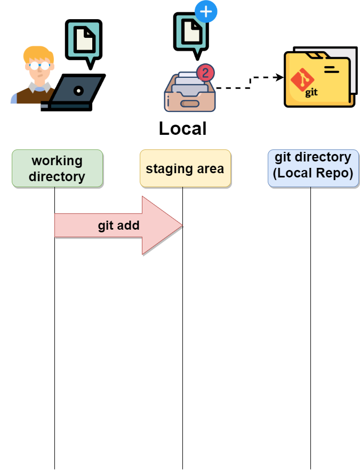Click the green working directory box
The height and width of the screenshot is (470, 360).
[x=57, y=168]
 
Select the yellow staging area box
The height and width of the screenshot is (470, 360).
[x=185, y=168]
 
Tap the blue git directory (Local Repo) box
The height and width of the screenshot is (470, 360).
[x=313, y=168]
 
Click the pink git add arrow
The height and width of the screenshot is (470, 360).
[x=118, y=225]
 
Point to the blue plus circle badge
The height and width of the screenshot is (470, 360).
[x=206, y=11]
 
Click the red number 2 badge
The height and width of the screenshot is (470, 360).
[x=205, y=73]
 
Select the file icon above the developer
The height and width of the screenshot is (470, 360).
[x=84, y=40]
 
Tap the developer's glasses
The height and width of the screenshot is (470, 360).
[x=39, y=66]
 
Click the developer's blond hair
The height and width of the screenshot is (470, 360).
[x=37, y=54]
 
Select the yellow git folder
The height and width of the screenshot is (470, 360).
[x=319, y=80]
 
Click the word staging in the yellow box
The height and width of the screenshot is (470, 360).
[x=165, y=169]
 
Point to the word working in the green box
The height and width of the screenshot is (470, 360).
[x=57, y=160]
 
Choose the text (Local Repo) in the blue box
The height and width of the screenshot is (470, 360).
[x=313, y=174]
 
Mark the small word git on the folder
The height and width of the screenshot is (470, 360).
[x=311, y=92]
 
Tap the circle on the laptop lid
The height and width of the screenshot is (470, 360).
[x=78, y=91]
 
